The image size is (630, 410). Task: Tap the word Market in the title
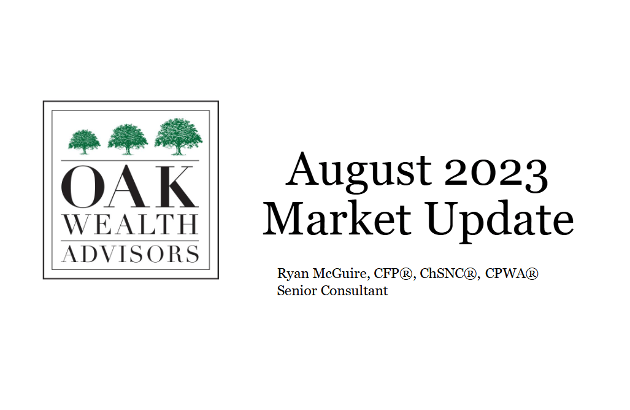[337, 219]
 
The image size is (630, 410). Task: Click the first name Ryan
[293, 274]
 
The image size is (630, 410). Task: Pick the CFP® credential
[393, 273]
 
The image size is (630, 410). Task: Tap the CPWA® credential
[512, 273]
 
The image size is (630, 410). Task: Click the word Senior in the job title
[297, 290]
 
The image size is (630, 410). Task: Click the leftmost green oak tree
[84, 142]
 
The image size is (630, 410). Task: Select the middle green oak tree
[128, 139]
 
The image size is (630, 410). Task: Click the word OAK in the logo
[130, 187]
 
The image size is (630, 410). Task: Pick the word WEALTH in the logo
[131, 224]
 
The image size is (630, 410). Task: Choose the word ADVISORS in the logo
[131, 254]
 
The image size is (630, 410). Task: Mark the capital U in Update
[443, 219]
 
